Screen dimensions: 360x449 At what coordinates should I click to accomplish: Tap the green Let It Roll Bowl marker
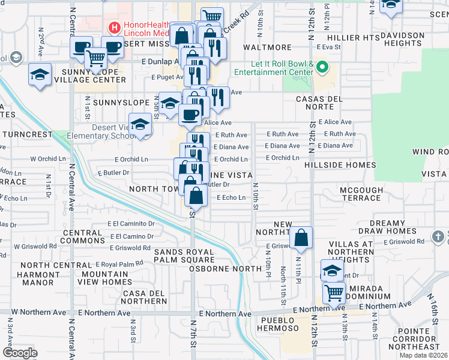click(x=322, y=65)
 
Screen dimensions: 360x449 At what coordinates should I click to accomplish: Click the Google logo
click(x=20, y=352)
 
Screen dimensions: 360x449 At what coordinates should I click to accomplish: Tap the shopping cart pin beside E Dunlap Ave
click(x=97, y=58)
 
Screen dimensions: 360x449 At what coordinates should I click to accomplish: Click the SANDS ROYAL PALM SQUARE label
click(x=184, y=256)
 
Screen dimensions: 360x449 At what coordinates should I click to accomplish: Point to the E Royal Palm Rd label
click(x=122, y=263)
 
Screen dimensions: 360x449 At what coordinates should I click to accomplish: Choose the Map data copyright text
click(x=424, y=355)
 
